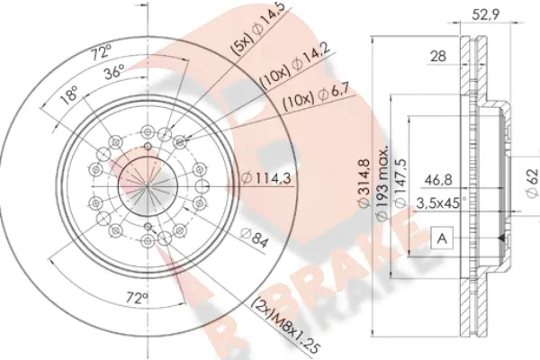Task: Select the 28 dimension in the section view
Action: [x=438, y=57]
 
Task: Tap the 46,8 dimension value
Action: [x=438, y=180]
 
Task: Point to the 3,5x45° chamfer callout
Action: [x=440, y=203]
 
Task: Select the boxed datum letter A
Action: [x=442, y=239]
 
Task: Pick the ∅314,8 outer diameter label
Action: [x=360, y=184]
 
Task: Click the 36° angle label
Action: [x=114, y=76]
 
